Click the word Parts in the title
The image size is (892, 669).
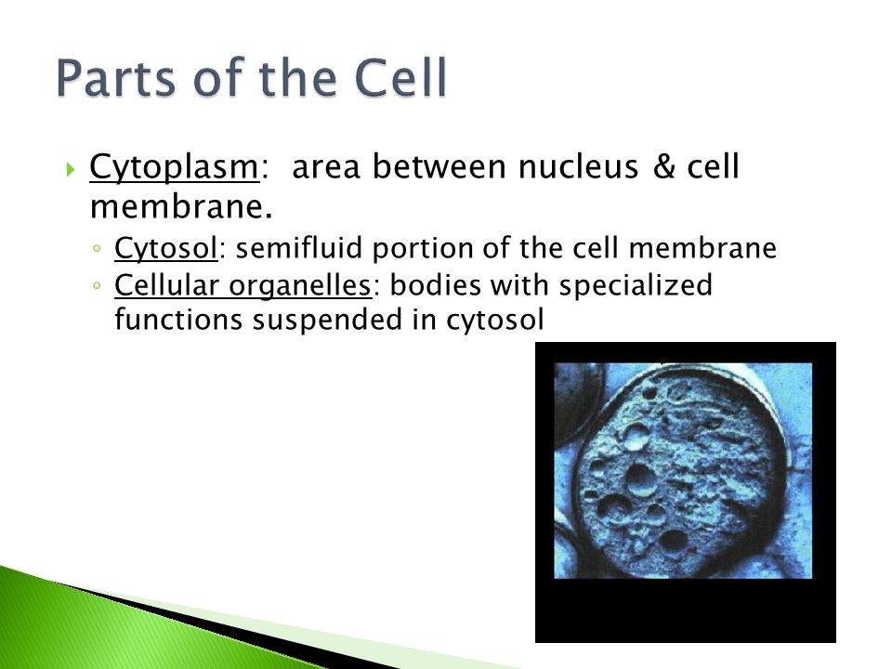116,77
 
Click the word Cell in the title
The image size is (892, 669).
400,77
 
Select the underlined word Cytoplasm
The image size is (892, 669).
174,168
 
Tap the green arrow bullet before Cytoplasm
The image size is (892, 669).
71,169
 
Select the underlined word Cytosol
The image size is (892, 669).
166,249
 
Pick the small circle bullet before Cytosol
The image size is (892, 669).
98,249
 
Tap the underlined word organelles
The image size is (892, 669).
300,286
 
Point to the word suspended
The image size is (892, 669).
328,320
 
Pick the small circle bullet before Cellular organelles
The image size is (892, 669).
98,285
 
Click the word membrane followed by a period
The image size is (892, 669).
181,206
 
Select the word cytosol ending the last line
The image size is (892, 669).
495,321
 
